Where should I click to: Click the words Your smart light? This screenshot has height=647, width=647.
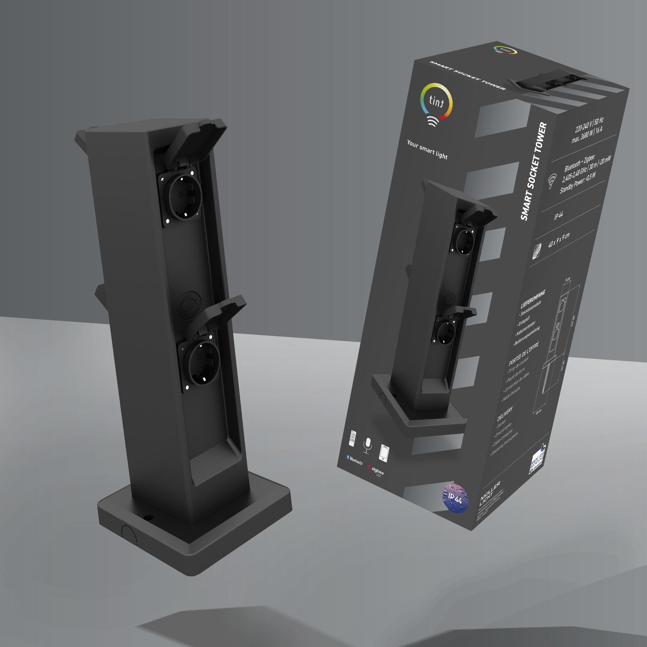tap(427, 149)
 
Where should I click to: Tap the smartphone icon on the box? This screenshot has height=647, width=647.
tap(384, 453)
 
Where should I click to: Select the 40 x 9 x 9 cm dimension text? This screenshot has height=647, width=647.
tap(559, 240)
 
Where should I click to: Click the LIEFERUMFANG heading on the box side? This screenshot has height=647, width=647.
tap(533, 299)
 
